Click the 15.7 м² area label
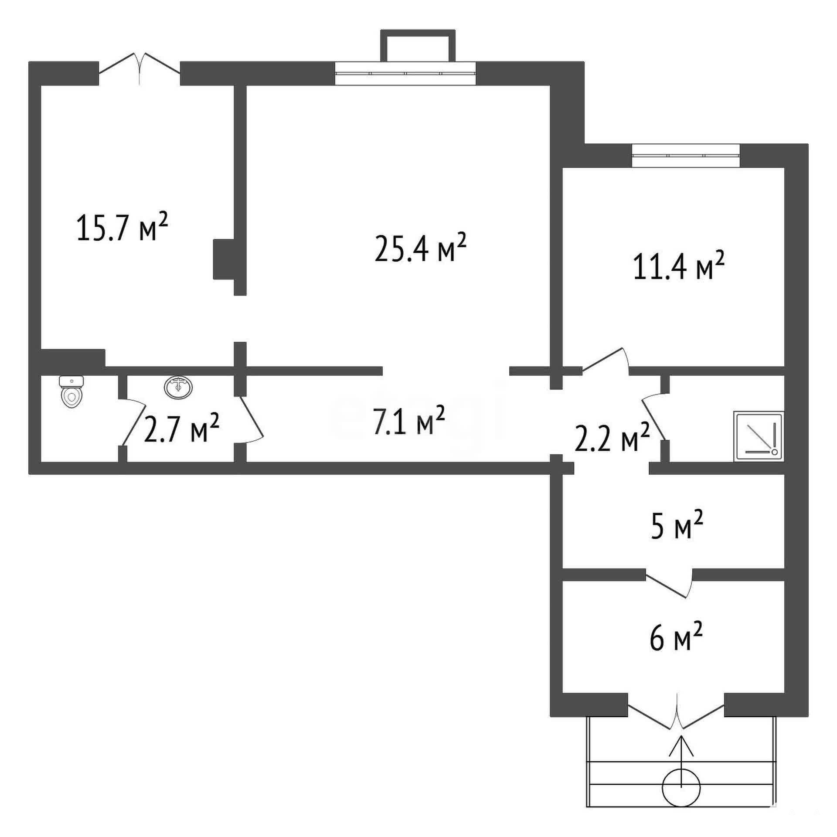coord(122,227)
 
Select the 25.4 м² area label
coord(421,247)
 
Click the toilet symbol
coord(72,391)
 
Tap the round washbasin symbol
coord(179,387)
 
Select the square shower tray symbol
coord(759,436)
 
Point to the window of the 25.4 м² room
coord(405,73)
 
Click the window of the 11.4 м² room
coord(686,156)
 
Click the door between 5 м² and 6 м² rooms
coord(669,584)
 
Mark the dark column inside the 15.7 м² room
coord(224,259)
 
